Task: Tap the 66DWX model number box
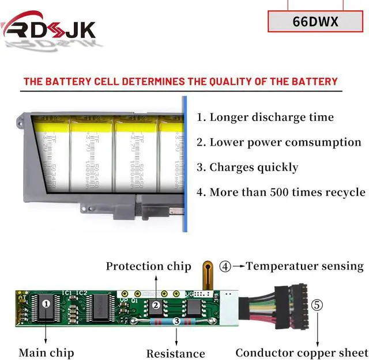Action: click(315, 21)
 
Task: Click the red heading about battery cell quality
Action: click(180, 81)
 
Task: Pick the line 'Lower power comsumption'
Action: click(278, 142)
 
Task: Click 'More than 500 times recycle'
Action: click(281, 192)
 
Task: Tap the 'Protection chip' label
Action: click(148, 266)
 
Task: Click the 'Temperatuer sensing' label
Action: click(304, 266)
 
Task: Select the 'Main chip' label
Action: click(46, 353)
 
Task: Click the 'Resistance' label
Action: click(175, 354)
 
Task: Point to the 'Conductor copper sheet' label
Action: click(302, 353)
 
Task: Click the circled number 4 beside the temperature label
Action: click(225, 266)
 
